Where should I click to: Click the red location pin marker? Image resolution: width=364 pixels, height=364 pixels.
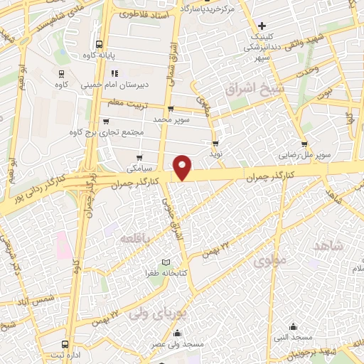pyautogui.click(x=183, y=166)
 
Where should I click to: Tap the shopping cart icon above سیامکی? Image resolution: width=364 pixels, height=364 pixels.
pyautogui.click(x=139, y=158)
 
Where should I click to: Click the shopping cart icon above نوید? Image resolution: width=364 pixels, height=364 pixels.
pyautogui.click(x=215, y=143)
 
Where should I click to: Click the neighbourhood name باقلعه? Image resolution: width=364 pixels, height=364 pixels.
pyautogui.click(x=136, y=237)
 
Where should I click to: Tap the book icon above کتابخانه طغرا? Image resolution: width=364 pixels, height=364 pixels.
pyautogui.click(x=166, y=262)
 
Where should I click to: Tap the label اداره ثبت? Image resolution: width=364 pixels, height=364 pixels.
pyautogui.click(x=54, y=353)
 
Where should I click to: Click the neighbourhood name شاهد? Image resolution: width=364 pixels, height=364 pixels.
pyautogui.click(x=327, y=245)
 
